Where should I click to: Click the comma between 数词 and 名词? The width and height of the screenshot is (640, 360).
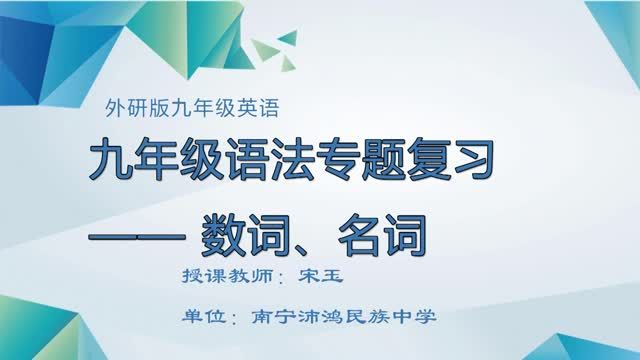pos(306,246)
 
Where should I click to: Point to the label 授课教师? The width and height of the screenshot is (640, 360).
pos(211,276)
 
